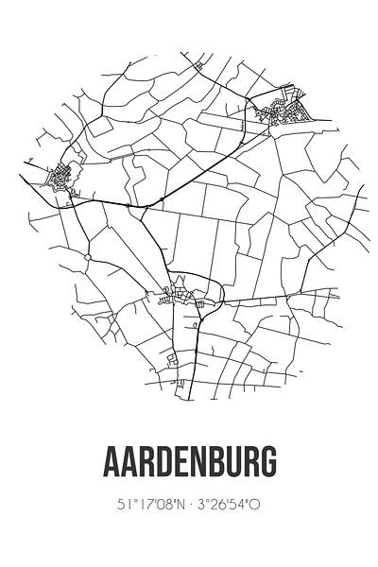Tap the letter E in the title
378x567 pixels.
pos(180,464)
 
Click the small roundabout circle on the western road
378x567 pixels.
pos(86,257)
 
